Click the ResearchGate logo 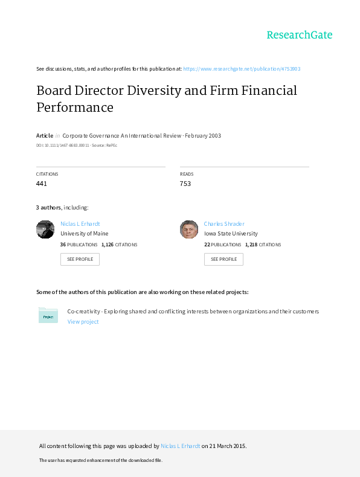coord(300,35)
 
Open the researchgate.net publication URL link coord(242,69)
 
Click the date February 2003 coord(207,136)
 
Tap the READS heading coord(187,174)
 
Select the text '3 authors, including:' coord(62,208)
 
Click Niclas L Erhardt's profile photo coord(45,229)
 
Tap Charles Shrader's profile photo coord(189,229)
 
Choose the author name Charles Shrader coord(224,224)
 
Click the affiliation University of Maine coord(85,233)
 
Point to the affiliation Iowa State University coord(231,233)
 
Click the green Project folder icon coord(48,315)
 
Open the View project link coord(83,322)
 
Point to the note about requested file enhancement coord(101,460)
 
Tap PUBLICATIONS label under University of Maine coord(82,245)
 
